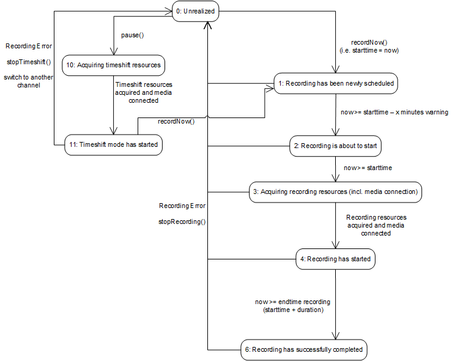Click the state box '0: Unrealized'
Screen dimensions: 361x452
(x=195, y=12)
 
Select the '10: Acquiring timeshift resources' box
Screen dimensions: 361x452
(x=114, y=65)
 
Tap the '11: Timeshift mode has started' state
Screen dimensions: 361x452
(x=113, y=145)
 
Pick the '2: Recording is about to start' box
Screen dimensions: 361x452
(x=336, y=147)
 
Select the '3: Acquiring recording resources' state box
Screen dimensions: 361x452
(x=336, y=192)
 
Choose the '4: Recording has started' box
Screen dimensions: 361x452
(x=336, y=259)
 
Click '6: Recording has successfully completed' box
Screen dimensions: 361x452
(x=303, y=349)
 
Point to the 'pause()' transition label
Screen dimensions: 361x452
(x=132, y=35)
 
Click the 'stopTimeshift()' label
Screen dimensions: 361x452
(x=28, y=62)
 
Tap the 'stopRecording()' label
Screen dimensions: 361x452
(x=182, y=221)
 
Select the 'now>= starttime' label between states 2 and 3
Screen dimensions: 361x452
(x=368, y=168)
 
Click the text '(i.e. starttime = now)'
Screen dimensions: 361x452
(x=369, y=50)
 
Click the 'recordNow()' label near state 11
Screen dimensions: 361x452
(x=176, y=121)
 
